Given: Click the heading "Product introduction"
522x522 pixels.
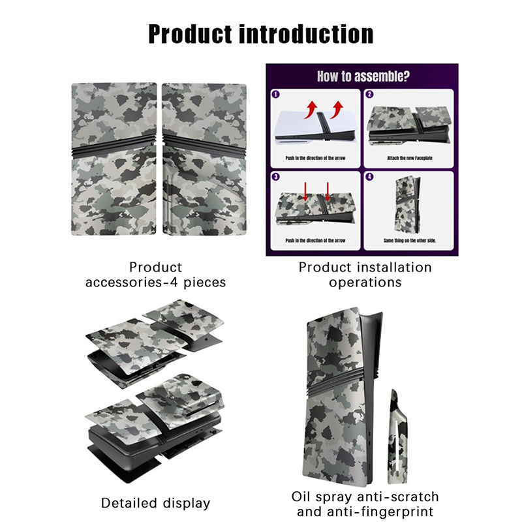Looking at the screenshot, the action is coord(260,34).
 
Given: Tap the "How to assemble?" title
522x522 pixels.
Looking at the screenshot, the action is coord(363,76).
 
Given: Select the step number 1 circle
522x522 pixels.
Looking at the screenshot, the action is coord(275,94).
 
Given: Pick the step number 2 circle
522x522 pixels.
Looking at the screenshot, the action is coord(369,94).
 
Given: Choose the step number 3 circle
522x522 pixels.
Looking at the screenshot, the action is coord(275,176).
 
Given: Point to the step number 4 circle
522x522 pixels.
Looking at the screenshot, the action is coord(369,176).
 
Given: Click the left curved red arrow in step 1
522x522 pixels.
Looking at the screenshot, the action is coord(311,110).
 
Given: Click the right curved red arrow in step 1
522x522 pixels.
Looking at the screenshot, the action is coord(337,110).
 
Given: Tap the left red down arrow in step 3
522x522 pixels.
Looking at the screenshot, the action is coord(305,192).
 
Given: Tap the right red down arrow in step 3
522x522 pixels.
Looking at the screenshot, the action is coord(328,192).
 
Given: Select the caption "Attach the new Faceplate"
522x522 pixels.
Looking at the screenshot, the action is coord(410,158).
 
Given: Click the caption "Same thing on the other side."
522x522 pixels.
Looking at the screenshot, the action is coord(410,240).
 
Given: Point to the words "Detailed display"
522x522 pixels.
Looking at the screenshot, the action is coord(156,503).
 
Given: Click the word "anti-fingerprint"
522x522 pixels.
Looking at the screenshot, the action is coord(365,512).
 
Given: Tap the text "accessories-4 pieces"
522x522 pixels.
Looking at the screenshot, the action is coord(156,283).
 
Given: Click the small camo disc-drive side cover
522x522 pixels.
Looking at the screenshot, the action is coord(397,436).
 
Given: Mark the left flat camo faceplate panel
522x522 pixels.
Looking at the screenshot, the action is coord(114,159).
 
